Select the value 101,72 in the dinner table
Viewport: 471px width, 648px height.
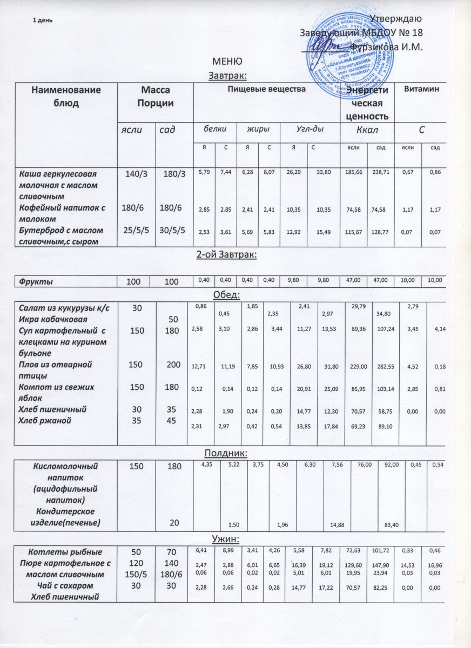coord(380,551)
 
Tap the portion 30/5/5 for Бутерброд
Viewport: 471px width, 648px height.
coord(170,230)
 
